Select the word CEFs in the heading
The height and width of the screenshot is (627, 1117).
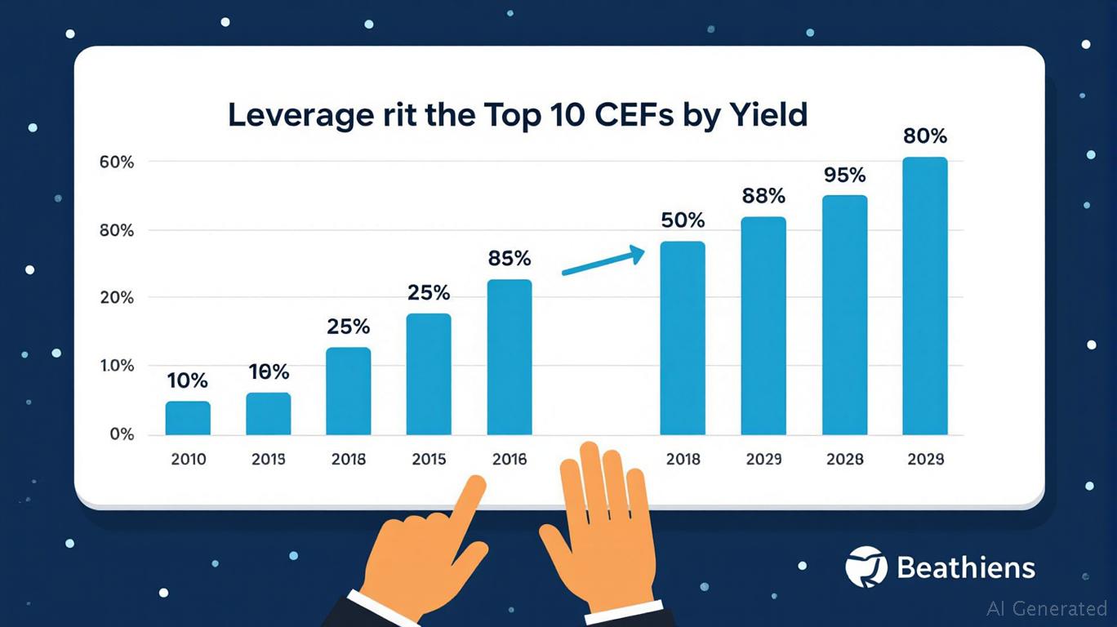click(640, 116)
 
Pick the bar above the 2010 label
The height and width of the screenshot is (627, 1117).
click(188, 418)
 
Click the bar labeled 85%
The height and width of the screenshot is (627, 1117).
click(510, 357)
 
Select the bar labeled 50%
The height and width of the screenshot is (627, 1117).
click(683, 338)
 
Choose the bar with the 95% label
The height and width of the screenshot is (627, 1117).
click(844, 315)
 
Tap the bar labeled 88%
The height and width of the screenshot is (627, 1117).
click(763, 326)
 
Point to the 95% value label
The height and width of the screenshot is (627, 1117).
click(844, 176)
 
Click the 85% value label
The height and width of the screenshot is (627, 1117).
click(510, 259)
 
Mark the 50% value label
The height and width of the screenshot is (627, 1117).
click(683, 220)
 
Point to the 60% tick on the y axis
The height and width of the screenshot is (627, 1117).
click(118, 162)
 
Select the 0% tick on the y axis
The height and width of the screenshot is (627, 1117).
click(122, 434)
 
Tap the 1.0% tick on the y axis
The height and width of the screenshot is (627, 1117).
click(118, 366)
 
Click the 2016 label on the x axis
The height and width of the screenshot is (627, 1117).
click(510, 460)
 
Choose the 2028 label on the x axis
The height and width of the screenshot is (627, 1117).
click(844, 460)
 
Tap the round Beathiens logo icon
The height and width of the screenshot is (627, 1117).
click(866, 567)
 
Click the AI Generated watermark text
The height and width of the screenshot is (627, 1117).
click(1047, 608)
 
